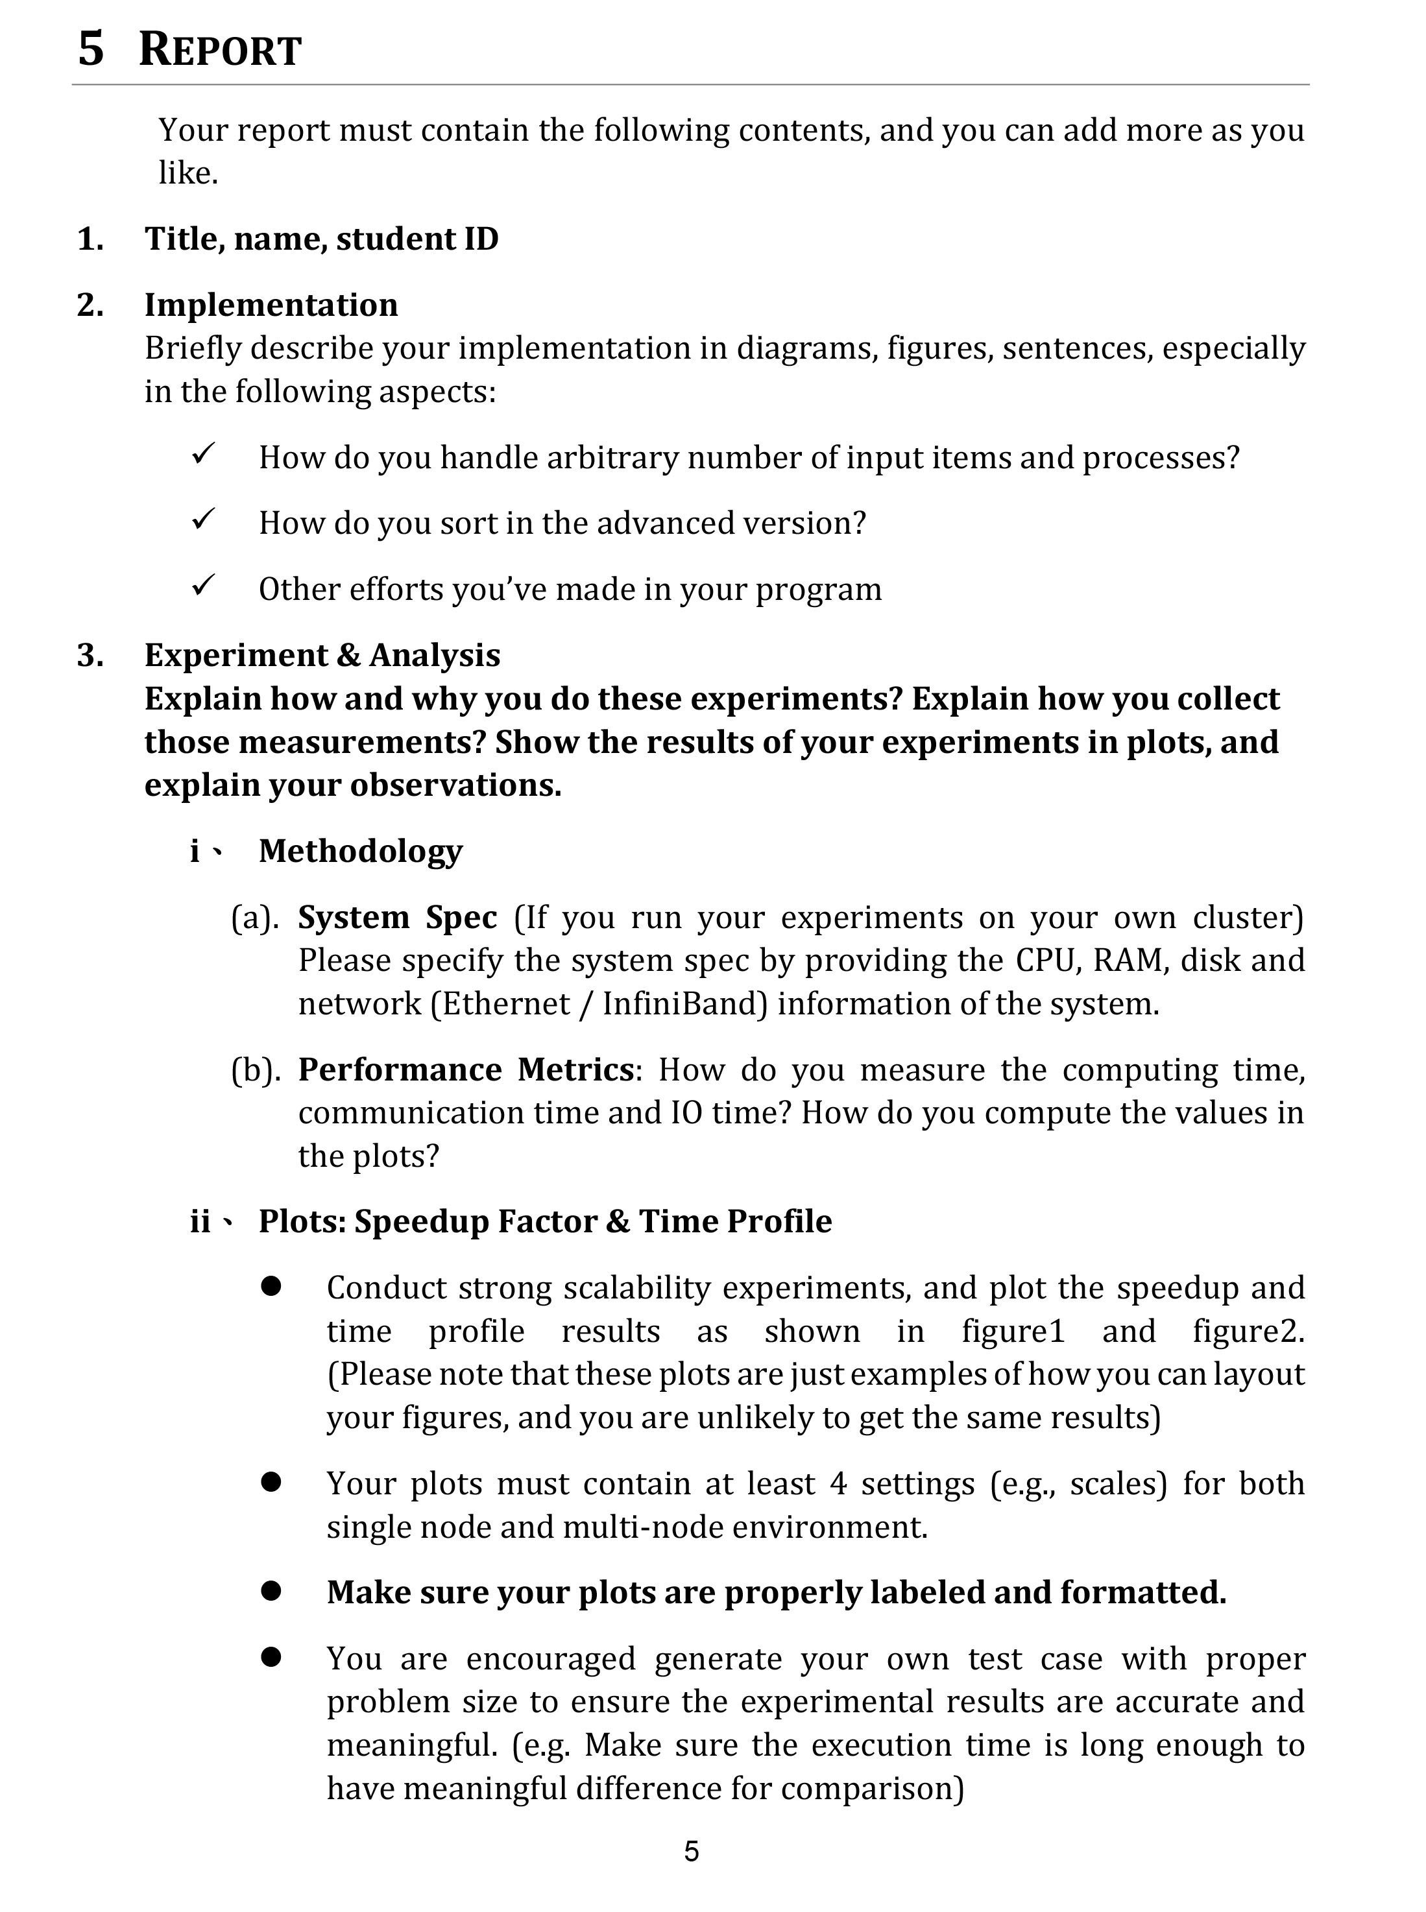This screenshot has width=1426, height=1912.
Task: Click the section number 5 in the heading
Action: click(91, 49)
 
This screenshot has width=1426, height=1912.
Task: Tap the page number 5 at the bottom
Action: click(692, 1851)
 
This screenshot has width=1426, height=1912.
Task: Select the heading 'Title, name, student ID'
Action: click(321, 239)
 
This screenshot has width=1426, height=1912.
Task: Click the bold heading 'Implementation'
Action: click(271, 305)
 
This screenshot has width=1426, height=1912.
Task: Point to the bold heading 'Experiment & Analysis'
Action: click(322, 655)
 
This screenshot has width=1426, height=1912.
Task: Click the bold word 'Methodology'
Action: click(361, 851)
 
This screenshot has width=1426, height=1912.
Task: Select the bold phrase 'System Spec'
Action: click(397, 916)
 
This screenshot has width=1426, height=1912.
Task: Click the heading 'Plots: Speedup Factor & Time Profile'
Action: click(545, 1221)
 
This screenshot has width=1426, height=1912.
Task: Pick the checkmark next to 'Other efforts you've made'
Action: click(203, 587)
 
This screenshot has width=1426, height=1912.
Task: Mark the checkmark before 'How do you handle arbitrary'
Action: click(203, 455)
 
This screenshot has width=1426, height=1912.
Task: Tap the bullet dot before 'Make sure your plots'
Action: click(271, 1591)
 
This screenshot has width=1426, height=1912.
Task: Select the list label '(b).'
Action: click(256, 1070)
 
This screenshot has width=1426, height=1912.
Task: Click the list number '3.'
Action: click(91, 655)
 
